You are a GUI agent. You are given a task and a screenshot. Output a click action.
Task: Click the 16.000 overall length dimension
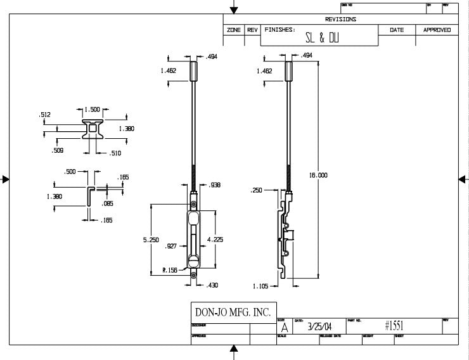pyautogui.click(x=319, y=175)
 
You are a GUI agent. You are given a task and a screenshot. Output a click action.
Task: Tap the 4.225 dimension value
pyautogui.click(x=215, y=240)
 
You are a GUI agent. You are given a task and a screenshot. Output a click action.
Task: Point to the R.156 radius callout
pyautogui.click(x=169, y=271)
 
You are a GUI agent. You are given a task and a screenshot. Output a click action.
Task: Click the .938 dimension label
pyautogui.click(x=214, y=185)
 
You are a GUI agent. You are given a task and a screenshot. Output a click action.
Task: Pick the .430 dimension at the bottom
pyautogui.click(x=212, y=285)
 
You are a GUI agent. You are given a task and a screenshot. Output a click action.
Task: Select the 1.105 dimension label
pyautogui.click(x=260, y=286)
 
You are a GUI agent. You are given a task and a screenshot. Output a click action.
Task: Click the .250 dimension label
pyautogui.click(x=256, y=190)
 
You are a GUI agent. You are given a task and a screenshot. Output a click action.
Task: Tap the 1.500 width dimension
pyautogui.click(x=92, y=109)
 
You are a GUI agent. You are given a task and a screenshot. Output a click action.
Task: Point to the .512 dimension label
pyautogui.click(x=44, y=115)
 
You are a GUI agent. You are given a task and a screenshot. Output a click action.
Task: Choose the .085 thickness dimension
pyautogui.click(x=106, y=203)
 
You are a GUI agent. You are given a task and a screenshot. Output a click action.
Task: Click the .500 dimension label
pyautogui.click(x=70, y=171)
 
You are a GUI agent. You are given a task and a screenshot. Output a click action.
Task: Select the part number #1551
pyautogui.click(x=394, y=326)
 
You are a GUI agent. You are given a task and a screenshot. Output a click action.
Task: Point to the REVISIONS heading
pyautogui.click(x=340, y=19)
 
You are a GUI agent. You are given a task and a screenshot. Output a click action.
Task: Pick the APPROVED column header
pyautogui.click(x=437, y=30)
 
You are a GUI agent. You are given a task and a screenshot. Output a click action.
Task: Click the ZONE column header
pyautogui.click(x=233, y=30)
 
